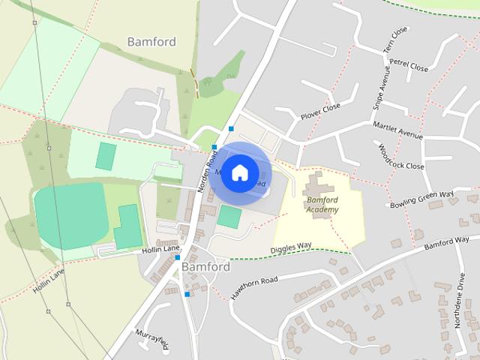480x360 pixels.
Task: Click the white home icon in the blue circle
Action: (x=239, y=172)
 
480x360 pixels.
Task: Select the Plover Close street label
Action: (x=320, y=112)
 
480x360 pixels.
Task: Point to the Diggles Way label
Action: (x=290, y=247)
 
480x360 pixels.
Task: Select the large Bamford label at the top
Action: (x=151, y=41)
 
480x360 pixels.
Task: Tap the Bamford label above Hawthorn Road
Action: (x=205, y=266)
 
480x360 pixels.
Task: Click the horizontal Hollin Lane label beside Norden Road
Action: (x=160, y=249)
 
